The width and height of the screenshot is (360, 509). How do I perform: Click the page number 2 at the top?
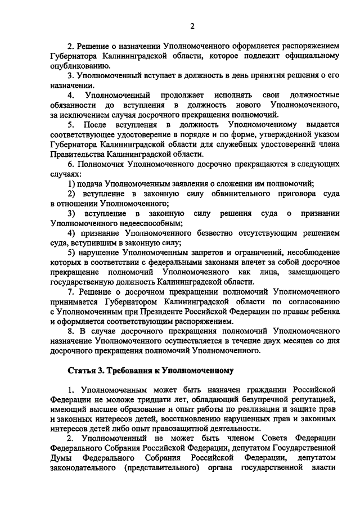click(x=192, y=26)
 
